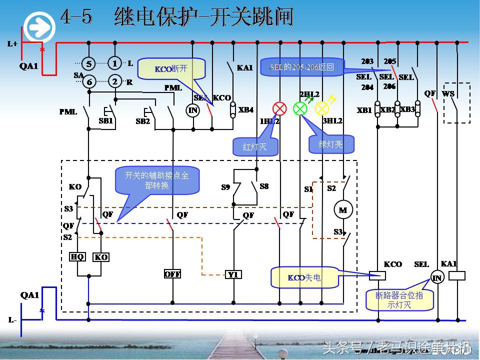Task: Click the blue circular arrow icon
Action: click(39, 26)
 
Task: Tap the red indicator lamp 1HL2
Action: click(279, 108)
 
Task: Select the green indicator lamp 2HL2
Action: click(300, 108)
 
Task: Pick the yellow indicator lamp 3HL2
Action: click(321, 108)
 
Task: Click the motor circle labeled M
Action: click(343, 210)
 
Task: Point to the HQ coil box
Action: click(77, 257)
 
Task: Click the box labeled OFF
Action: click(172, 274)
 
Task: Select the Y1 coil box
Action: click(233, 274)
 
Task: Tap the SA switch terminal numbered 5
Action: click(88, 63)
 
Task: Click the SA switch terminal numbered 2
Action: click(115, 81)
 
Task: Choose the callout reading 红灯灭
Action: click(255, 146)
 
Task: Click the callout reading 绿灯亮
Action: click(331, 144)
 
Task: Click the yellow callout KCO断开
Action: click(171, 69)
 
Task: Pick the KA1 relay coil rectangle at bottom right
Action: click(457, 275)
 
